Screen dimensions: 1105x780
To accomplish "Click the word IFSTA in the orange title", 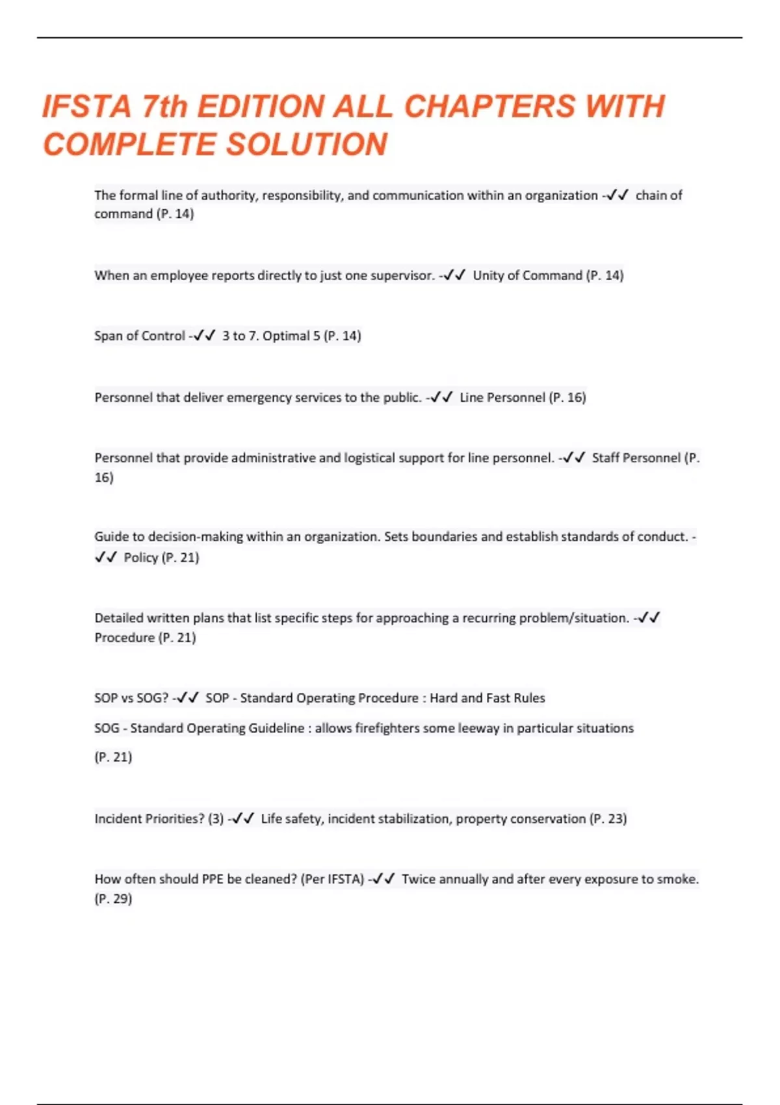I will [x=86, y=107].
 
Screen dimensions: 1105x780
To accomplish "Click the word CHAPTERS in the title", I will [x=489, y=107].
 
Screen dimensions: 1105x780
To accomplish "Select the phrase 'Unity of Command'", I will [x=527, y=276].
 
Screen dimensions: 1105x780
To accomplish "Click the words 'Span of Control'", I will [x=140, y=336].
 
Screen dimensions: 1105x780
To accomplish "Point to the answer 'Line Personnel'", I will [x=502, y=397].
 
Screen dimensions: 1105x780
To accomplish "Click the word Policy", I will [x=140, y=558].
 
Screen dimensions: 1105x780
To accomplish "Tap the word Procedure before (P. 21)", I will [x=124, y=638].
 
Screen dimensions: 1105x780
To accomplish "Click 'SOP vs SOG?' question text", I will [x=131, y=698].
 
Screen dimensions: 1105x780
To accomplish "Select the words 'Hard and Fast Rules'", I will [x=487, y=698].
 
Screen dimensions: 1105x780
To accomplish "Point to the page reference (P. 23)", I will [x=608, y=819].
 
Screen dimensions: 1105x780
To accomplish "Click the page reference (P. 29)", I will [x=113, y=899].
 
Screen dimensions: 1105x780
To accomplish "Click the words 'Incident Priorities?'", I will [x=149, y=819].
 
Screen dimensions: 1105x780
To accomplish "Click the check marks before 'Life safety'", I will [x=242, y=819].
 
